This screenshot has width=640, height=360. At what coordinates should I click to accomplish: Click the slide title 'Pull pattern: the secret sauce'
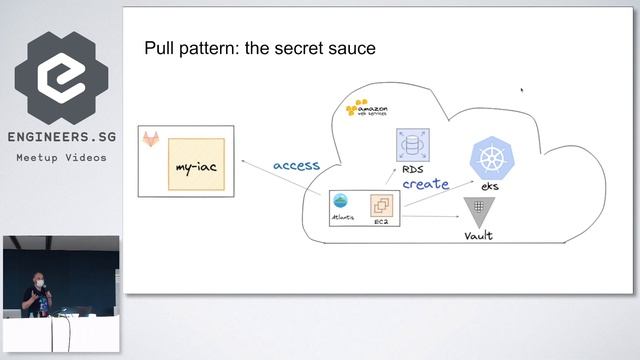pos(260,47)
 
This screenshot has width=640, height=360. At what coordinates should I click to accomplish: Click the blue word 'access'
pos(295,165)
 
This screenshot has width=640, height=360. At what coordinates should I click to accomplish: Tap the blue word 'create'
pos(425,184)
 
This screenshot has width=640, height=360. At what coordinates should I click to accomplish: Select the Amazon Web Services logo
pos(366,108)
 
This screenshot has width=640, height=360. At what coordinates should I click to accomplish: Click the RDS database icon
pos(411,147)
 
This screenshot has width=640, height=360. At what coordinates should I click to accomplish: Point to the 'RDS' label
pos(411,170)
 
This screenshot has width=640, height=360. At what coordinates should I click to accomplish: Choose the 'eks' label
pos(490,187)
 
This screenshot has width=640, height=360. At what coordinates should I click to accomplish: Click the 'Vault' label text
pos(478,235)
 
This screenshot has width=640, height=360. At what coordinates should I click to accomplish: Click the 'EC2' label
pos(381,222)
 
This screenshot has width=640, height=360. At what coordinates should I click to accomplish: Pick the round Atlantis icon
pos(340,200)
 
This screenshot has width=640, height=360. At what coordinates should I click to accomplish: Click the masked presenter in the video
pos(38,290)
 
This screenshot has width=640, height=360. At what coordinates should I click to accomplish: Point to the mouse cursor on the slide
pos(521,89)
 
